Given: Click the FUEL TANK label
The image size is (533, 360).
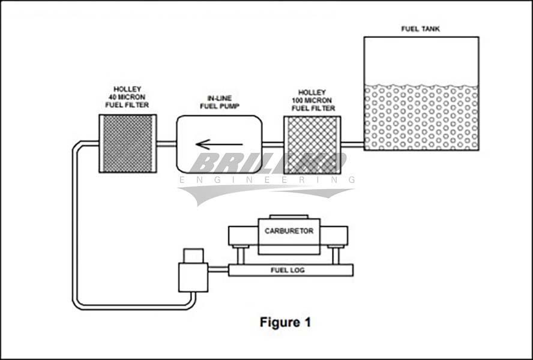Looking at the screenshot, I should click(420, 29).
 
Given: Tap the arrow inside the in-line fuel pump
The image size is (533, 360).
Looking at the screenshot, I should click(219, 144).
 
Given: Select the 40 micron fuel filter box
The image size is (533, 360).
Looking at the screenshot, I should click(127, 144).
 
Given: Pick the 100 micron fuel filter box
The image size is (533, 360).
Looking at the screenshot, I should click(312, 145).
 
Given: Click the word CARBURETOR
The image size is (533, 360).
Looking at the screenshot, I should click(289, 231).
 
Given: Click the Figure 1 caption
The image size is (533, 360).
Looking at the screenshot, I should click(285, 322).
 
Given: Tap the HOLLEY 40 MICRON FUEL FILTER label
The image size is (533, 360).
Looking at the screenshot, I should click(127, 97).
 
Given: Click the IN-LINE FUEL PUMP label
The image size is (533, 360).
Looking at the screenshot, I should click(220, 102).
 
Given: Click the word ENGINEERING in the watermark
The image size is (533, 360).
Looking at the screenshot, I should click(267, 179).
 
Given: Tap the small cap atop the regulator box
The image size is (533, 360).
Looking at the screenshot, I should click(193, 255).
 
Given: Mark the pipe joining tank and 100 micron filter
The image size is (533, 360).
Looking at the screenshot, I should click(352, 144).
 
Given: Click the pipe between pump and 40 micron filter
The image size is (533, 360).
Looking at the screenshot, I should click(166, 144).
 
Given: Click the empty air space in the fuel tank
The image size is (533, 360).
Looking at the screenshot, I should click(421, 60).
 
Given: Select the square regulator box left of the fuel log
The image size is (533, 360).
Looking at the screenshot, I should click(193, 277).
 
